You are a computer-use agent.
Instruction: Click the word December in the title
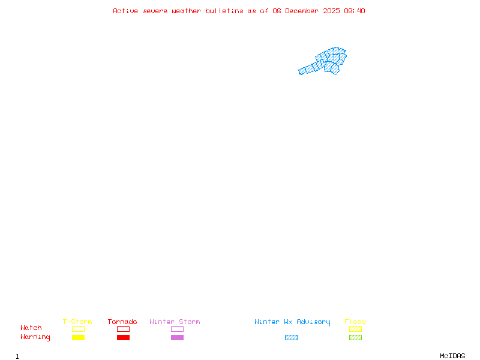[302, 11]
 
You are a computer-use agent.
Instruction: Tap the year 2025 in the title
[332, 11]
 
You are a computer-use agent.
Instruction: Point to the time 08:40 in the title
[355, 11]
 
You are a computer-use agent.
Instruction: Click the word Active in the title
[125, 11]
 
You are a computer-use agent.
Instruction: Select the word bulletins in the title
[224, 11]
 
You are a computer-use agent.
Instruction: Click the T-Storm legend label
[77, 322]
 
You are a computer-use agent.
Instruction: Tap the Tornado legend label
[122, 322]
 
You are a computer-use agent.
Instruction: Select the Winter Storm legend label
[175, 322]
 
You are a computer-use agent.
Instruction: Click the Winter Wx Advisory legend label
[292, 322]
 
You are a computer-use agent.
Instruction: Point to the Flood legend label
[355, 322]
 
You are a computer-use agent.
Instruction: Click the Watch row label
[31, 328]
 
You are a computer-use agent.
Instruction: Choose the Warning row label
[35, 337]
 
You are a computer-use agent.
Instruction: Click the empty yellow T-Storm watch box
[79, 329]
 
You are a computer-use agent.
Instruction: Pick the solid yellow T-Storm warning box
[79, 337]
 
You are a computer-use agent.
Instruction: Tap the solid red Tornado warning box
[124, 337]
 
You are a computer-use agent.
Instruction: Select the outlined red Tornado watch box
[124, 329]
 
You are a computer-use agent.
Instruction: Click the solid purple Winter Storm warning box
[177, 337]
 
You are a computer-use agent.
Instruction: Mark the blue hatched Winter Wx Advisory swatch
[291, 337]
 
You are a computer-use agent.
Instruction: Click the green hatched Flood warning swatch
[355, 337]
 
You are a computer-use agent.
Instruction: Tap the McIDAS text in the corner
[452, 356]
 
